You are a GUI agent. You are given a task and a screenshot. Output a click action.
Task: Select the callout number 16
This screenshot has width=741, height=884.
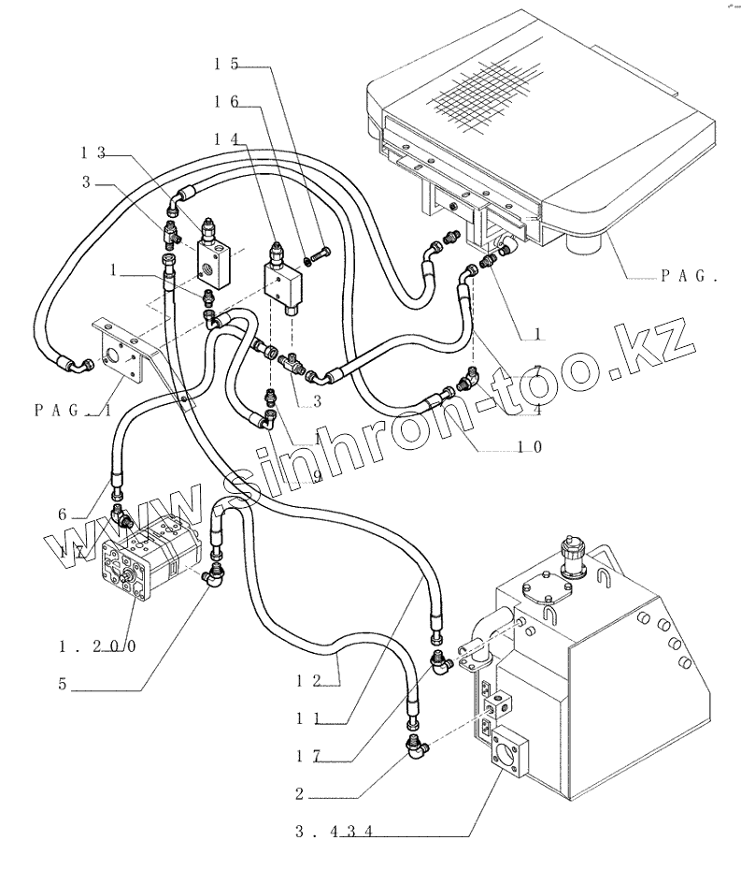225,101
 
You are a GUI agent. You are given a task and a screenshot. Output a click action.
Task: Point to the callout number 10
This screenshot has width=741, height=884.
530,447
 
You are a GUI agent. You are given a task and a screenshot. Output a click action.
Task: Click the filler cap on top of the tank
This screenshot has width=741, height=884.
570,558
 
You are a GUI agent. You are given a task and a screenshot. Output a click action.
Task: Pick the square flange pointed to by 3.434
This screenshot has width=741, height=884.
510,758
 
